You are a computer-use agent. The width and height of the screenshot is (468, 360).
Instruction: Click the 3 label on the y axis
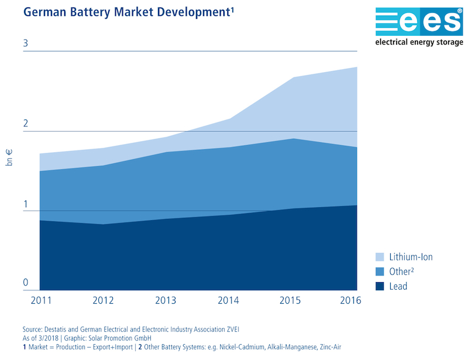[x=26, y=44]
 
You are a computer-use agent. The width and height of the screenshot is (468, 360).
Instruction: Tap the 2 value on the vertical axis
[x=26, y=124]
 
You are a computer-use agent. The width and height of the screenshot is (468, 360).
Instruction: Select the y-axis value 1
[x=26, y=204]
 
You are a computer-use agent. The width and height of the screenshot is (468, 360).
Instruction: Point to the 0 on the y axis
[x=26, y=283]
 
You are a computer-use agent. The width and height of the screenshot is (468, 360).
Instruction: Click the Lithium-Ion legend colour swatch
[x=380, y=257]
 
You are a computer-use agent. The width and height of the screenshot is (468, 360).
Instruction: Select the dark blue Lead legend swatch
[x=380, y=286]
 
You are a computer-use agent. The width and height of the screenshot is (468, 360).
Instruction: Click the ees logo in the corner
[x=418, y=22]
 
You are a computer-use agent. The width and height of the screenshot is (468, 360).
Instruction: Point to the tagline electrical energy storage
[x=418, y=43]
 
